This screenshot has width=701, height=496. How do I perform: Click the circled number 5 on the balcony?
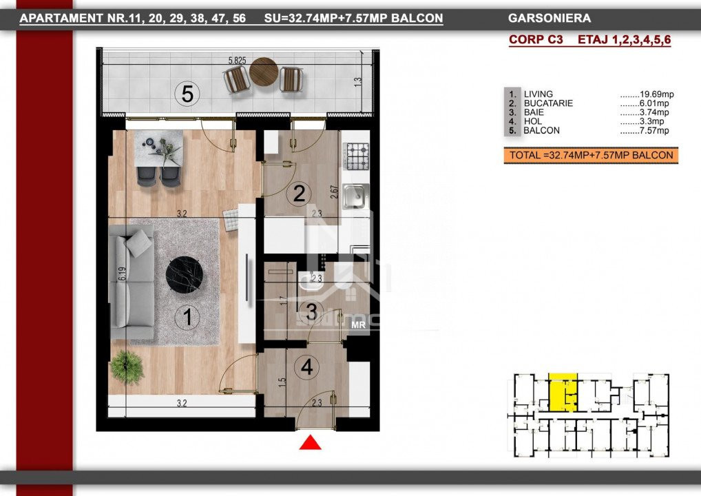coord(187,94)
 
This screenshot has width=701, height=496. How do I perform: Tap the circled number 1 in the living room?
coord(187,317)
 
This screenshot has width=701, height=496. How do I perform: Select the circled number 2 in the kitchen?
coord(299,194)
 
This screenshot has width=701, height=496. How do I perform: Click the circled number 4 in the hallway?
coord(306,367)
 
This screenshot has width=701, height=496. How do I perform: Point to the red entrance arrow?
coord(311,443)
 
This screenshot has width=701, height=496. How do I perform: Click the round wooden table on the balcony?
coord(264,72)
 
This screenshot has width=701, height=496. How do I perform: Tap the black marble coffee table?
coord(184,275)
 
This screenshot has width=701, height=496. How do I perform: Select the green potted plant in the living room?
coord(127,368)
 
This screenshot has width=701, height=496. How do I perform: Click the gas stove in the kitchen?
coord(356,156)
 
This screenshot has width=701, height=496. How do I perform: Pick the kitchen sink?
coord(355,196)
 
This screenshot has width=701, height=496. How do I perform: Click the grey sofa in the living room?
coord(132,281)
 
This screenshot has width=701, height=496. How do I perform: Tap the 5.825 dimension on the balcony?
coord(237,61)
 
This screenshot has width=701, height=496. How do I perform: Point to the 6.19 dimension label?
coord(122,273)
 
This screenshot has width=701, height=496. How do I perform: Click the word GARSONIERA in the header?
coord(550,19)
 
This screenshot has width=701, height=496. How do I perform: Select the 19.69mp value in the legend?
coord(656,94)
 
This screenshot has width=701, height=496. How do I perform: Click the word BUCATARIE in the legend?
coord(548,103)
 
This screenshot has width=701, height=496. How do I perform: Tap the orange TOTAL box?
coord(591,155)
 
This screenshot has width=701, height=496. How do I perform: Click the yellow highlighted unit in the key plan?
coord(563,392)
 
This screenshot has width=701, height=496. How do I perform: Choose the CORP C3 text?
coord(536,39)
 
